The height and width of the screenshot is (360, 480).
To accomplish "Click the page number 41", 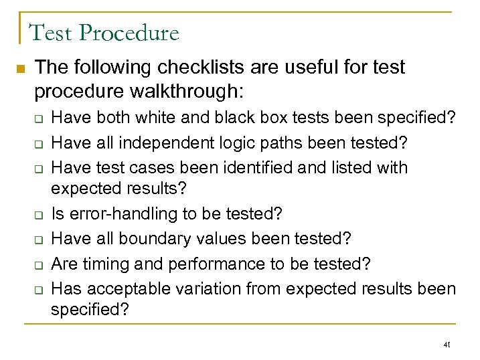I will coord(447,345).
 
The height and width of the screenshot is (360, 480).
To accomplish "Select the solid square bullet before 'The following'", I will coord(19,69).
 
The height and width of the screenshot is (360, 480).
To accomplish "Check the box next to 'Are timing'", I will coord(39,265).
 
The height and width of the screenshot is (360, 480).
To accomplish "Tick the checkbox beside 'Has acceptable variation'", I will coord(39,289).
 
